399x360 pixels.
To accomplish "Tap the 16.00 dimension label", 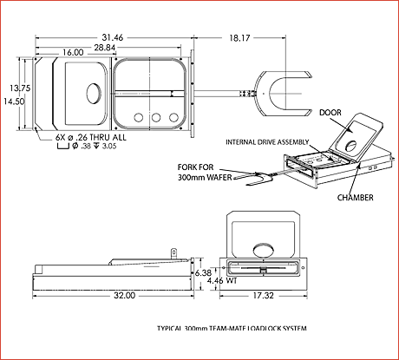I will (73, 53).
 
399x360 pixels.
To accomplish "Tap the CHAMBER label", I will (356, 198).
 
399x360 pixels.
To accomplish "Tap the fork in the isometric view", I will (252, 180).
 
